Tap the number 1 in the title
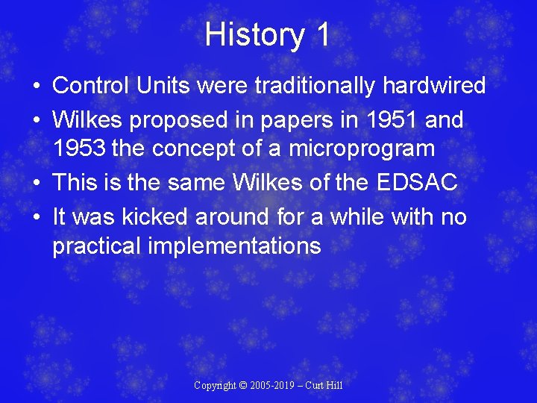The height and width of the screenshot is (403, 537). (x=322, y=35)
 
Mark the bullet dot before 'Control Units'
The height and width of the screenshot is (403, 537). (x=37, y=87)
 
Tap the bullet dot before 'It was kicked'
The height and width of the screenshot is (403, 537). (x=37, y=217)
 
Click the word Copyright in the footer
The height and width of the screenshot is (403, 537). (x=216, y=386)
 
